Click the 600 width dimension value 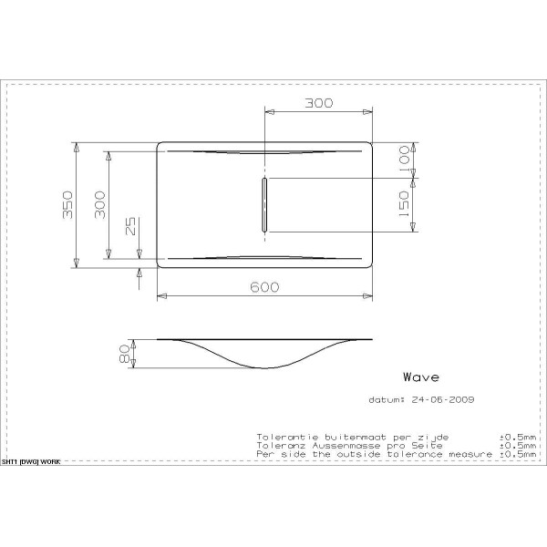tap(264, 286)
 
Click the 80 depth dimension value tap(126, 354)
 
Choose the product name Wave tap(421, 377)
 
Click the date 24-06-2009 tap(441, 399)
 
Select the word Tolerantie tap(284, 437)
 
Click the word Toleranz tap(279, 444)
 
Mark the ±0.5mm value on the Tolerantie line tap(517, 437)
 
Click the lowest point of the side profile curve tap(265, 367)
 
